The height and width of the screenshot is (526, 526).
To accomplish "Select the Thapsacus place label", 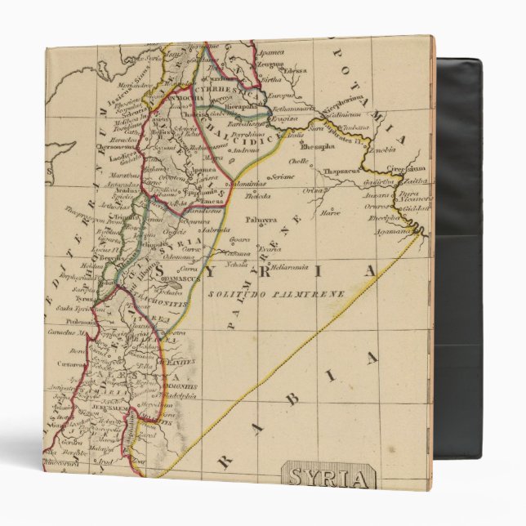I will point(339,172).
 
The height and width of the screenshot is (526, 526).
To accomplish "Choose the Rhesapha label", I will point(319,148).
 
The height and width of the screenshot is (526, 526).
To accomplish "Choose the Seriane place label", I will point(283,176).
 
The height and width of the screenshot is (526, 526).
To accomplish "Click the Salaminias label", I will point(246,185).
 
